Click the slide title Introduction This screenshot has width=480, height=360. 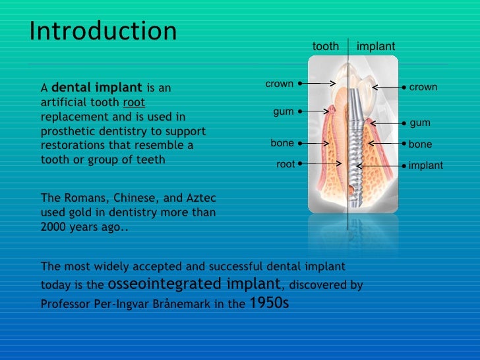(104, 31)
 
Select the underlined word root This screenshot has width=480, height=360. (134, 102)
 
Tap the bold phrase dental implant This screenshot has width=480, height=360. (96, 87)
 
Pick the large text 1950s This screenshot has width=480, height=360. (268, 303)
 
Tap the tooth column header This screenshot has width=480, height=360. (325, 46)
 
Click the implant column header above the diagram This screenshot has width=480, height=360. (376, 46)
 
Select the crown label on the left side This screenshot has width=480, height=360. (279, 84)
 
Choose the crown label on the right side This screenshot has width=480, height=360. (423, 87)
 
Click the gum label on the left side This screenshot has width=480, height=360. (284, 111)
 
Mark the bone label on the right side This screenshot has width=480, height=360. (420, 144)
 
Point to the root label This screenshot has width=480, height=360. (285, 164)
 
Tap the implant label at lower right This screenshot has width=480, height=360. (425, 165)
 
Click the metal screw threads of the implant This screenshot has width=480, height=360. (356, 158)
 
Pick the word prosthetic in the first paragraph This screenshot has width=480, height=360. (65, 131)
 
